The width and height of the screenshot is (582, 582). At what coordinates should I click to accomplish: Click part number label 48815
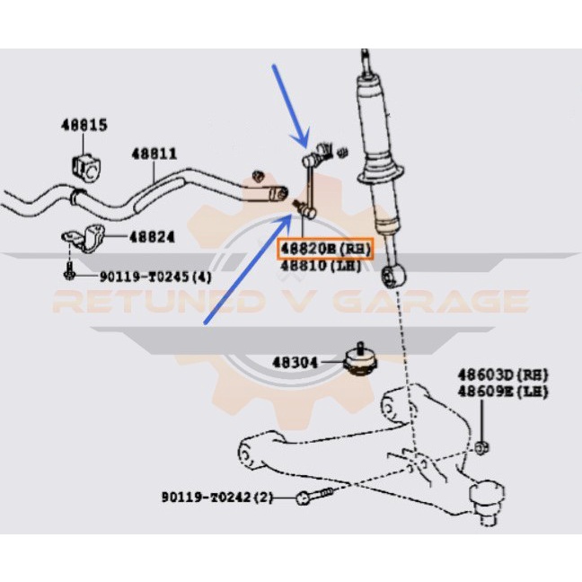[84, 125]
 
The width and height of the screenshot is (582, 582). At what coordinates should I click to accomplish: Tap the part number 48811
[155, 154]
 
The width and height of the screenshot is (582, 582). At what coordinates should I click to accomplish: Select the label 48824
[152, 237]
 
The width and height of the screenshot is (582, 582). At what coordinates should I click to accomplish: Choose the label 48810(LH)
[321, 265]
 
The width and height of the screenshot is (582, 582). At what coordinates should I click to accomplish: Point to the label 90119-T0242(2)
[217, 497]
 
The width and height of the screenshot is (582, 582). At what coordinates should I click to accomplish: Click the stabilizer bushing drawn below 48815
[84, 165]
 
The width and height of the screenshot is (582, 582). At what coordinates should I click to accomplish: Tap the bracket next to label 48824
[83, 239]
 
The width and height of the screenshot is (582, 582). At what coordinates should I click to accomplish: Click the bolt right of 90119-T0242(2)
[313, 497]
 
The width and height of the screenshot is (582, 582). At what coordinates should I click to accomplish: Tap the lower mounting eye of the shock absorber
[391, 275]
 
